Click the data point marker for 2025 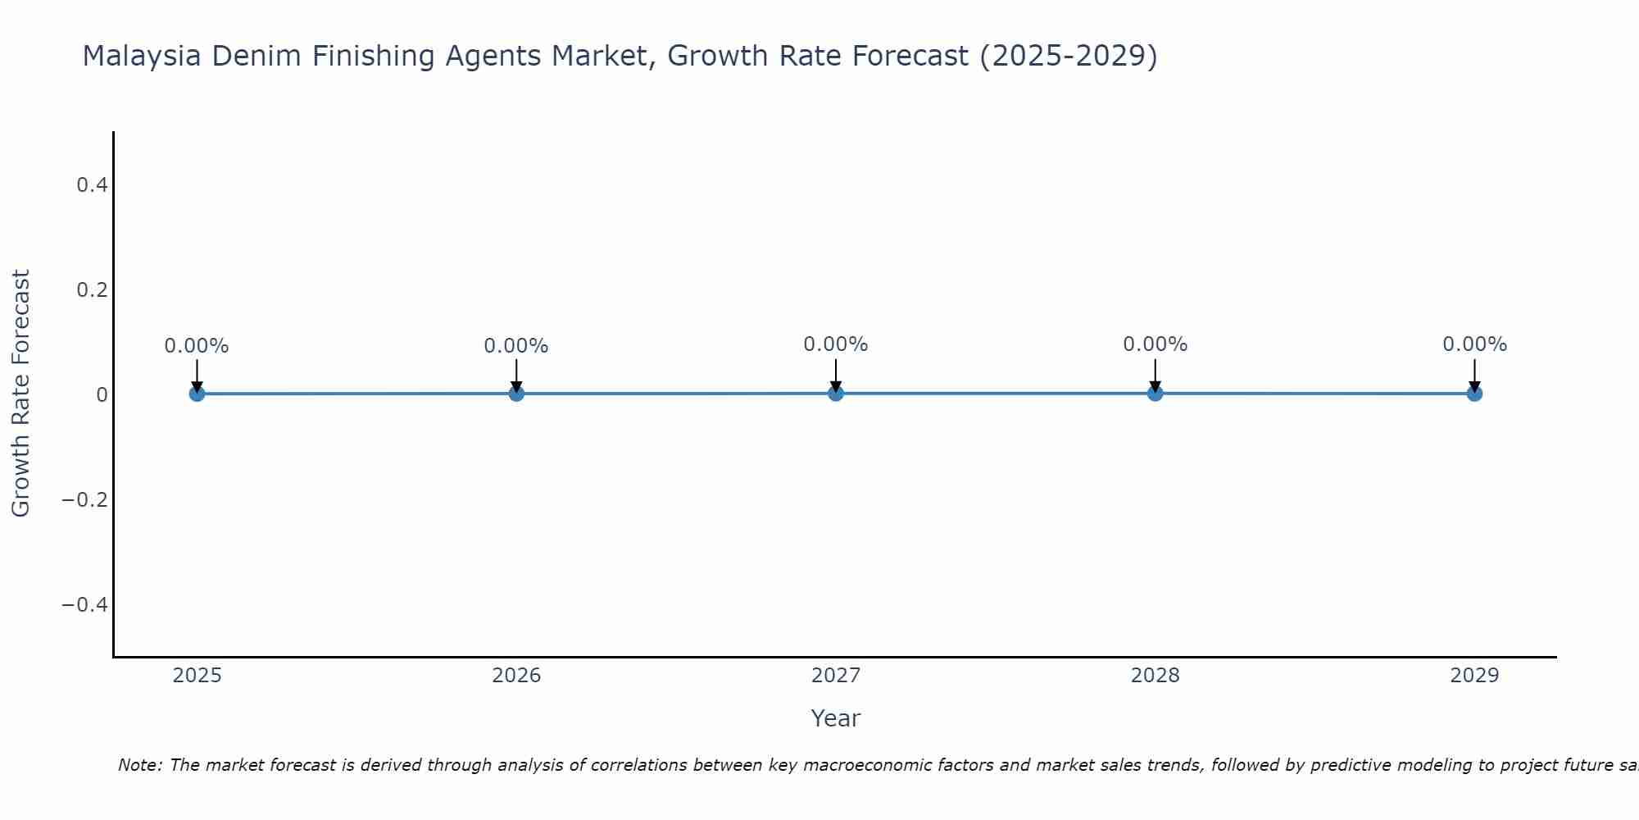[197, 394]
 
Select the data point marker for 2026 [516, 394]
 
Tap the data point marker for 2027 [836, 393]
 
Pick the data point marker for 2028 [1155, 393]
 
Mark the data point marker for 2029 [1474, 394]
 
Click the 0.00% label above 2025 [197, 346]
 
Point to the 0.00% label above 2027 [836, 344]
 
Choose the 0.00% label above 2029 [1474, 344]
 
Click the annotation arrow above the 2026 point [516, 374]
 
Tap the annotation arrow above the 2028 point [1155, 374]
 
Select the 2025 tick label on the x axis [197, 676]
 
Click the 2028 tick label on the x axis [1155, 676]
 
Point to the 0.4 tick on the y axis [93, 185]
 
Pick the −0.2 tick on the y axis [86, 500]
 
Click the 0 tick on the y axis [102, 395]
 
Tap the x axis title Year [835, 719]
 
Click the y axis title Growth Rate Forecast [20, 394]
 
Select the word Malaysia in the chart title [143, 57]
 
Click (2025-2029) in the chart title [1069, 57]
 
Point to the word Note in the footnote [139, 765]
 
